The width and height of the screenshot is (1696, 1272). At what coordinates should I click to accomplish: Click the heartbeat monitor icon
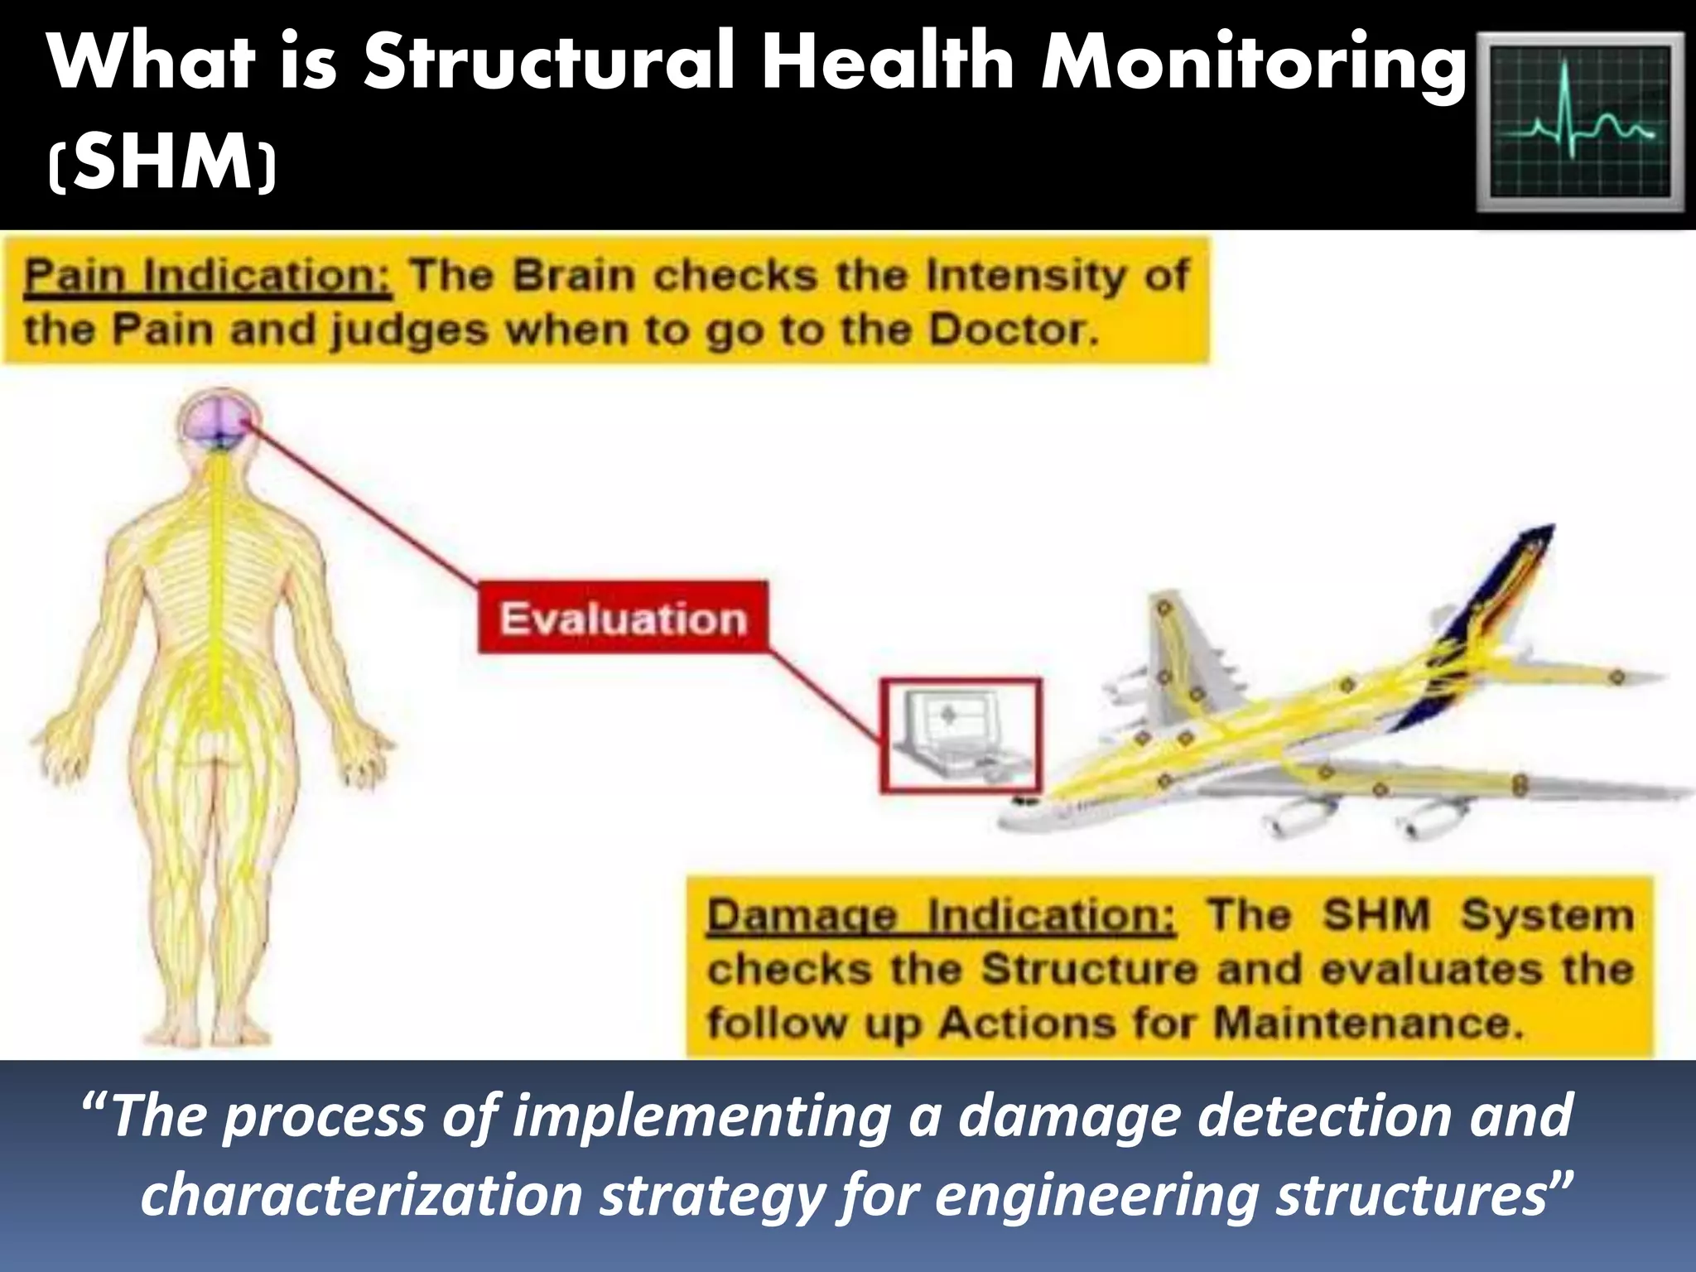coord(1581,122)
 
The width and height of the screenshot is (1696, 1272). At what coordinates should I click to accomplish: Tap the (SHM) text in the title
coord(162,163)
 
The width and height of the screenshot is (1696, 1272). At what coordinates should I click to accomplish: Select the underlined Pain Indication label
coord(207,276)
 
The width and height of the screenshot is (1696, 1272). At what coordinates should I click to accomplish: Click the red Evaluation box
coord(623,619)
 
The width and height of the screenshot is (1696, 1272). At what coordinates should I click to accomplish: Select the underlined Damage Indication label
coord(940,918)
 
